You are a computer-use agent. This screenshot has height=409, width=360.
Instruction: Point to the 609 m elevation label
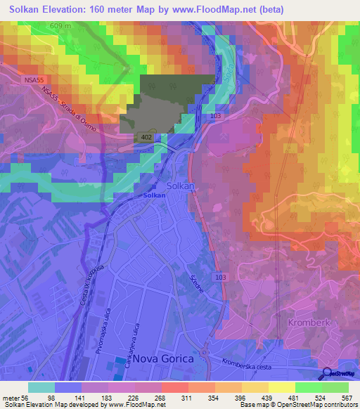[61, 26]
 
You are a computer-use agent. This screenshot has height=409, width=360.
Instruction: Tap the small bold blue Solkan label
[154, 195]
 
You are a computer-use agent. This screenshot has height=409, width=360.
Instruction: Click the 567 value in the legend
[346, 398]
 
